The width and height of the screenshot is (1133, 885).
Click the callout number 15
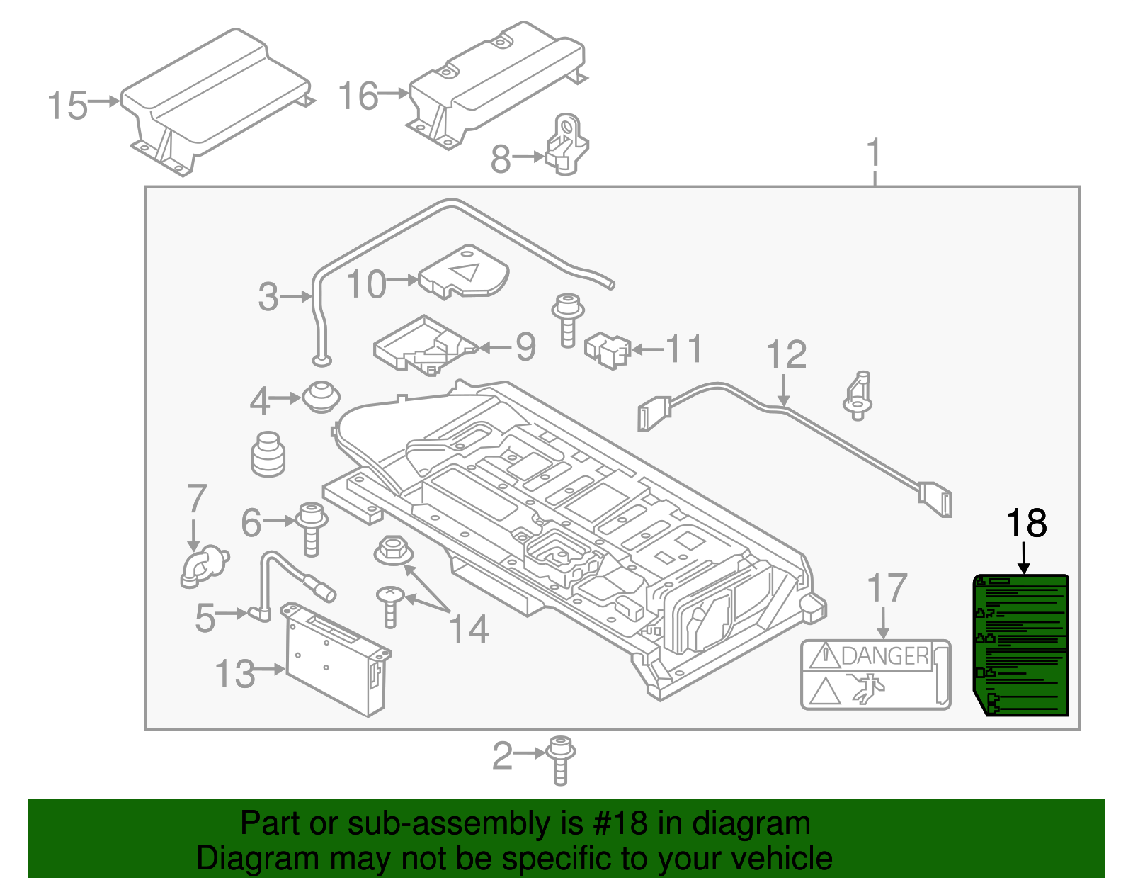67,106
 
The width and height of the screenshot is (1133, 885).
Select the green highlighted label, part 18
1021,645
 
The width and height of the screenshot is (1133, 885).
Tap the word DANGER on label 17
885,656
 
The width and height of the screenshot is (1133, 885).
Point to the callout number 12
786,355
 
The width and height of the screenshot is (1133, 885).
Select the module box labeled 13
336,659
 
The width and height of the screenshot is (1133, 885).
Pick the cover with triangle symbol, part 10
464,272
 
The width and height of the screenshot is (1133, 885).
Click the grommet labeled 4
321,397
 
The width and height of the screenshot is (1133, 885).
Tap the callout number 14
469,629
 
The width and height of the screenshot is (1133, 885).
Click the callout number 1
875,152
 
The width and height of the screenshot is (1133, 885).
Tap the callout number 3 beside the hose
268,297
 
